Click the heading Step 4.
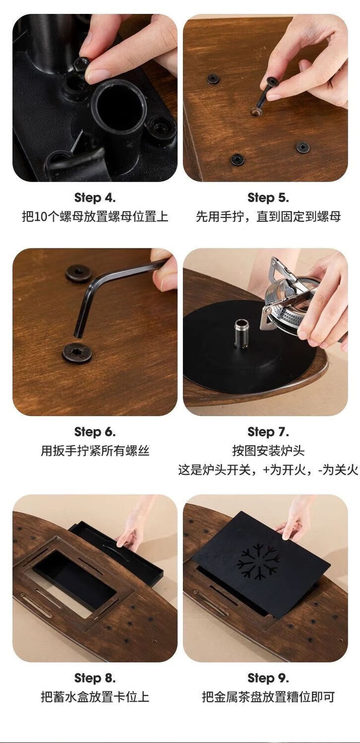[x=95, y=198]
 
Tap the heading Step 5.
[x=268, y=198]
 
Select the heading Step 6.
[x=95, y=432]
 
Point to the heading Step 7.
[x=268, y=432]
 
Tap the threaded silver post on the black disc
[x=241, y=333]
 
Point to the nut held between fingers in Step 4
[x=81, y=64]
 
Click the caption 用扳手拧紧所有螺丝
[x=95, y=451]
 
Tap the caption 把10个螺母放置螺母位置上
[x=95, y=217]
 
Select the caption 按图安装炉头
[x=268, y=451]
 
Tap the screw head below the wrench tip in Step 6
[x=77, y=353]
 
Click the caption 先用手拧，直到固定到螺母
[x=268, y=217]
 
